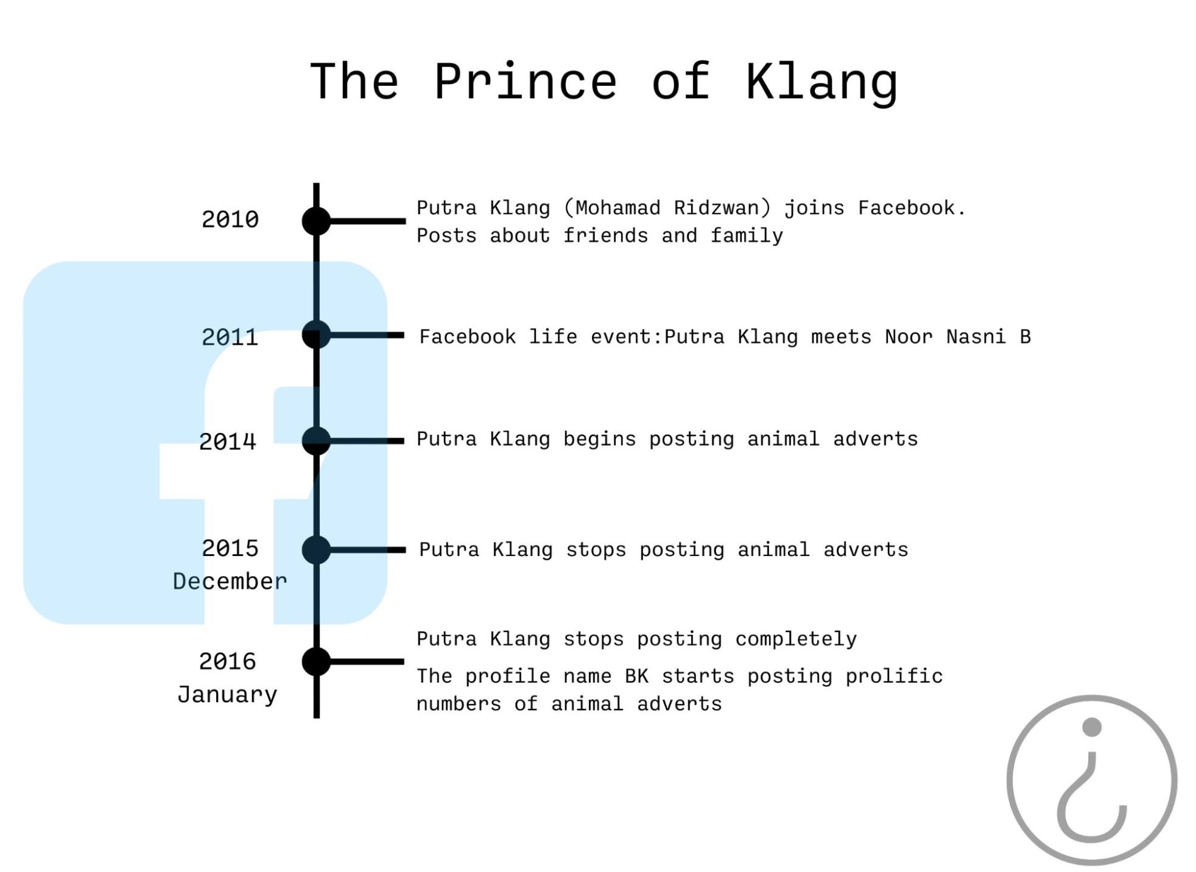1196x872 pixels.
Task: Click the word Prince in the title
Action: click(x=526, y=82)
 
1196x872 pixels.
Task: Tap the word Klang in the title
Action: click(x=821, y=83)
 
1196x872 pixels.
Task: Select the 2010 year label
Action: click(x=230, y=219)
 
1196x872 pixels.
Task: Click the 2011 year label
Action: click(x=230, y=337)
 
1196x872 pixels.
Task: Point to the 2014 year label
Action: click(x=228, y=441)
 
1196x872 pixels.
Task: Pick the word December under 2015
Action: click(x=230, y=581)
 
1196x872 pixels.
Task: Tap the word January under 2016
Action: click(x=228, y=695)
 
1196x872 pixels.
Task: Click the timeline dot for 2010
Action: click(x=316, y=220)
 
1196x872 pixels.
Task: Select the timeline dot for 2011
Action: click(x=316, y=335)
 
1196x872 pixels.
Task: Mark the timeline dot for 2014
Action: click(x=316, y=441)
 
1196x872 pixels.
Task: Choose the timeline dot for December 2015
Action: click(x=316, y=550)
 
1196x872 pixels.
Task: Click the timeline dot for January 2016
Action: click(x=316, y=662)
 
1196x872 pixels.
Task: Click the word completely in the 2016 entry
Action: click(x=796, y=639)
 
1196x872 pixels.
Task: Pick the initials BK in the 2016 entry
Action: click(x=637, y=676)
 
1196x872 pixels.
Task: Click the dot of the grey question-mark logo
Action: click(x=1092, y=726)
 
